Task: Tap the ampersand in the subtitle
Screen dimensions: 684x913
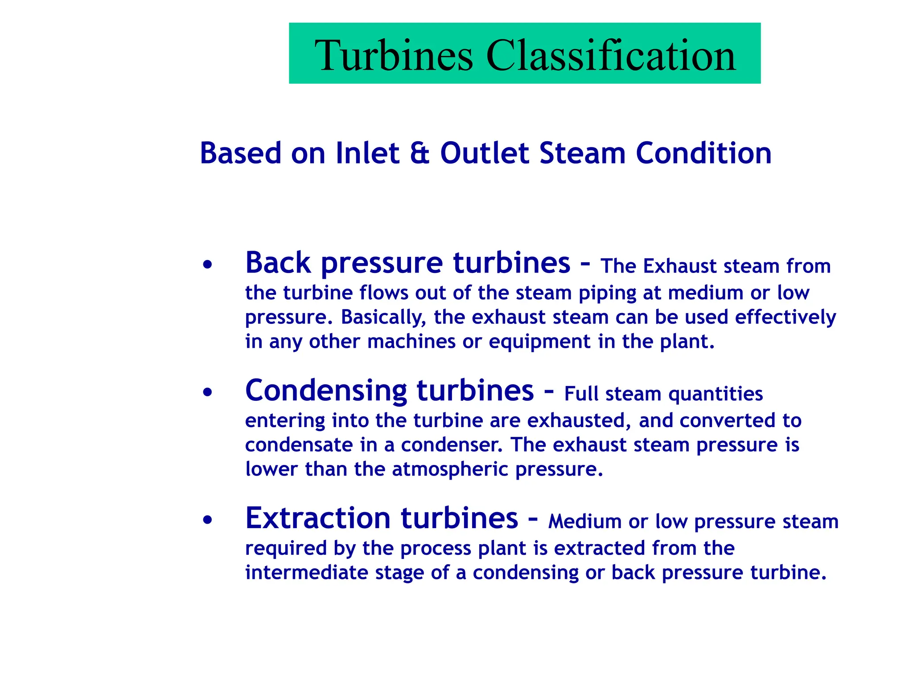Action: [419, 153]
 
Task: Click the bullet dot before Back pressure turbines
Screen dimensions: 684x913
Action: [207, 265]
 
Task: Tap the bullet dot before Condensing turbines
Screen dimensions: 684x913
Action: [207, 393]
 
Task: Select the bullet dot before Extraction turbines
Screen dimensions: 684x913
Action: [207, 520]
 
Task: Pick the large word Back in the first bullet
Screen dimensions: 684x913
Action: [278, 263]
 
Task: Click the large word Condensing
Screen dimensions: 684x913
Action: [326, 391]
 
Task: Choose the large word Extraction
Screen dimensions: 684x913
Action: [318, 518]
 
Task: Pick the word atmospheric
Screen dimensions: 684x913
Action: [450, 470]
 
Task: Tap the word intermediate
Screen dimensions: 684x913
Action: [306, 573]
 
